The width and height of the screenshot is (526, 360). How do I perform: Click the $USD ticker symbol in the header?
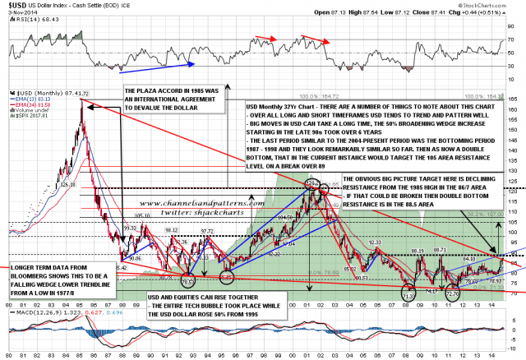(x=16, y=6)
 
